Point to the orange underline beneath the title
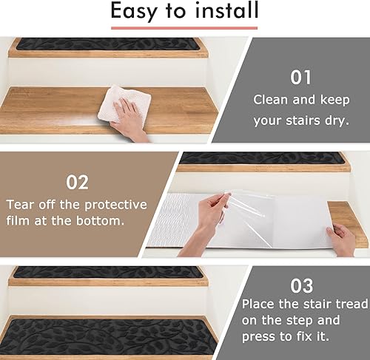point(184,28)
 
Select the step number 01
point(301,76)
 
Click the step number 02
point(77,181)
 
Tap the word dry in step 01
point(337,120)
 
